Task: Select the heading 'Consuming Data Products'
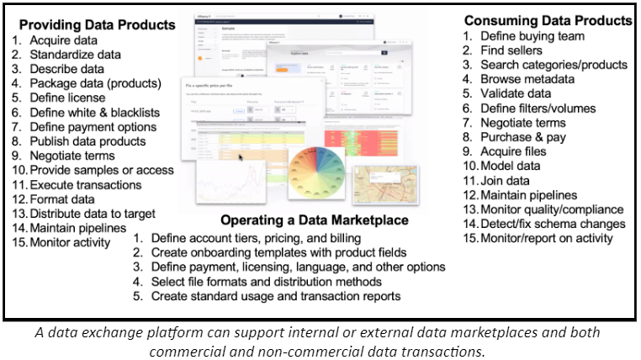(x=548, y=19)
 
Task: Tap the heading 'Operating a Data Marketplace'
(x=315, y=220)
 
